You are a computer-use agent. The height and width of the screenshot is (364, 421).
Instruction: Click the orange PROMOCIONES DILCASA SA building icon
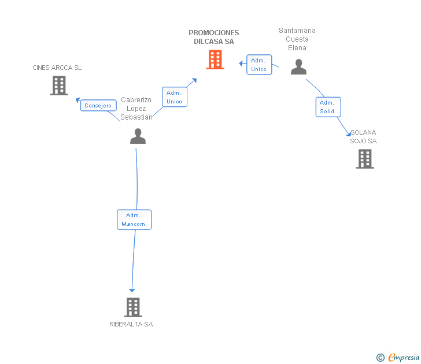(215, 60)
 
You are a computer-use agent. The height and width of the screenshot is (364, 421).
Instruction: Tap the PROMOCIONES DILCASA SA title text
(214, 37)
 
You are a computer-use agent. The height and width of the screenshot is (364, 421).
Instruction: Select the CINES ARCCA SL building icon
(58, 86)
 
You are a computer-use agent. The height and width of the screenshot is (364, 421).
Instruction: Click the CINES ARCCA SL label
(57, 68)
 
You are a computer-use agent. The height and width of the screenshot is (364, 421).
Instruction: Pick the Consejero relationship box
(98, 106)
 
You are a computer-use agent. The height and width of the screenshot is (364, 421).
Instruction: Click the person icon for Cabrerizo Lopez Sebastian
(138, 136)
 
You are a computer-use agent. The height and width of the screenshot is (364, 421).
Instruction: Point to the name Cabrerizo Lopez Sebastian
(136, 109)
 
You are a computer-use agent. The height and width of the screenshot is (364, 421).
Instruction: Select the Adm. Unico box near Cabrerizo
(174, 97)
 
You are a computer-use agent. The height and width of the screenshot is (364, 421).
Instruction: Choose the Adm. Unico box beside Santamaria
(258, 65)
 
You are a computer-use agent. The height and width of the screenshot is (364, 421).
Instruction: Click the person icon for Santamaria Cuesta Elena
(298, 67)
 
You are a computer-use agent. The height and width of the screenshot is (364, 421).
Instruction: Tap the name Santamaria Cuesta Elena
(297, 39)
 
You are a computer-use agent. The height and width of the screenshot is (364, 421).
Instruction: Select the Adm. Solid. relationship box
(328, 107)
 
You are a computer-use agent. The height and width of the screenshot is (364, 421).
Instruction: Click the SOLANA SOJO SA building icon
(365, 159)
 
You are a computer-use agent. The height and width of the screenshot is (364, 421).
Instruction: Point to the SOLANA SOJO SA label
(363, 137)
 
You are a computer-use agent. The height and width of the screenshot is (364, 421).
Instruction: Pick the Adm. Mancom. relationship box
(134, 220)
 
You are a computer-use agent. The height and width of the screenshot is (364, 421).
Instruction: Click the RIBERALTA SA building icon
(133, 307)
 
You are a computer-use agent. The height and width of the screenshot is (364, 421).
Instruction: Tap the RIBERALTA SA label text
(131, 324)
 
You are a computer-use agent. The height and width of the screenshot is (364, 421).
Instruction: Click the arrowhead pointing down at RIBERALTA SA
(132, 289)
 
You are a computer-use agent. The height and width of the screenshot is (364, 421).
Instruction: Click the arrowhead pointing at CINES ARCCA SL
(77, 100)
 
